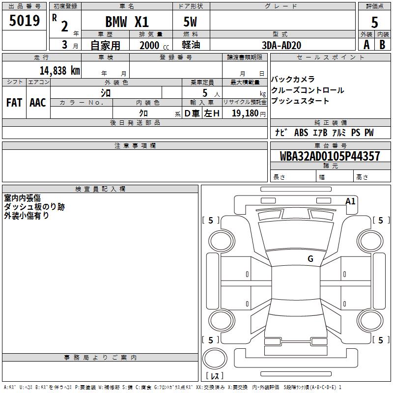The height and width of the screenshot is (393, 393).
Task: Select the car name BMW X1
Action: [127, 22]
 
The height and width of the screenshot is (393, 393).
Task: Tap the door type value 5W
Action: [191, 22]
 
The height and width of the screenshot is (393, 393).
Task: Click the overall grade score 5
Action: [375, 22]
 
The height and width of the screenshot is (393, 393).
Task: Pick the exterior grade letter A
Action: [366, 45]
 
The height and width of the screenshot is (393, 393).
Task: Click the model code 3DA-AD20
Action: [282, 45]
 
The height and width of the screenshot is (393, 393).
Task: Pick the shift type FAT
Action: [14, 103]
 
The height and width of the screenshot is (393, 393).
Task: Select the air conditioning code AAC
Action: [38, 103]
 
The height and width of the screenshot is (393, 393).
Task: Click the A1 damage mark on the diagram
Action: [350, 201]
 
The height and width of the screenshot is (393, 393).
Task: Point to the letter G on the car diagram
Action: [310, 259]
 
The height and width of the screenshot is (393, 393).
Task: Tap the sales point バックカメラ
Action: [293, 80]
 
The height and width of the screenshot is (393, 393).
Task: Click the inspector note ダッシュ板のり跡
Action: [34, 207]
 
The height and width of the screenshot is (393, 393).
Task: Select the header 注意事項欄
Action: [135, 146]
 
